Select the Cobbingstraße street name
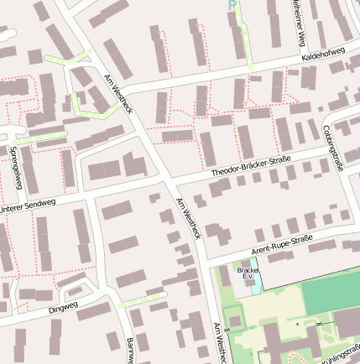click(332, 148)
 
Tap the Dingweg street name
click(63, 307)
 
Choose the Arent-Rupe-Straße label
click(282, 245)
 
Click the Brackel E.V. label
click(248, 273)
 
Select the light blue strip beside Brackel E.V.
click(258, 278)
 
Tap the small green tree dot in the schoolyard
click(296, 324)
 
